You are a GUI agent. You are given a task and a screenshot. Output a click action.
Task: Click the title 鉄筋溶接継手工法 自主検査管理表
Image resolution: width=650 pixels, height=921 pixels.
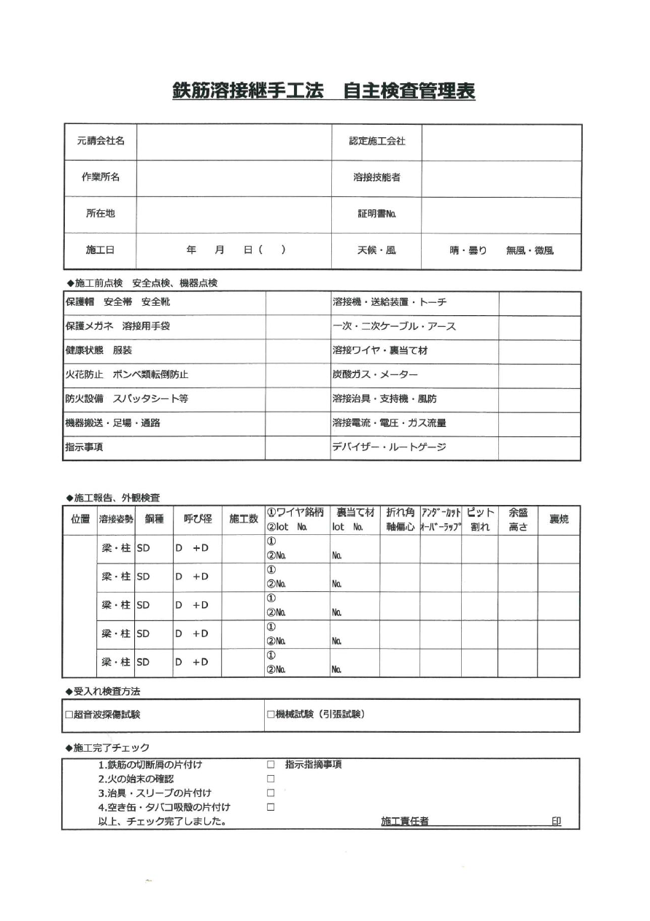click(x=323, y=91)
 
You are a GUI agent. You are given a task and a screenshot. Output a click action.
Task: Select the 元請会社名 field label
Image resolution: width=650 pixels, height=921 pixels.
click(x=101, y=142)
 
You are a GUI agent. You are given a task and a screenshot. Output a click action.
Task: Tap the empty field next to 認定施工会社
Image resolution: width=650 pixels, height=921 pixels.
click(x=501, y=142)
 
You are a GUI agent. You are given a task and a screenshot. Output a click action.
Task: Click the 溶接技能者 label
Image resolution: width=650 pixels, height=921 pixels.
click(x=376, y=177)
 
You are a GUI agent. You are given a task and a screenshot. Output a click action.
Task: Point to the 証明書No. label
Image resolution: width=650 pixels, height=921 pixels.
click(x=376, y=214)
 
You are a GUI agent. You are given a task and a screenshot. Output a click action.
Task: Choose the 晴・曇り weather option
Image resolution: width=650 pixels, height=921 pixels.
click(x=468, y=250)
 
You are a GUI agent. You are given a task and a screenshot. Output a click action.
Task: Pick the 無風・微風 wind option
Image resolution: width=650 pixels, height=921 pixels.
click(x=530, y=250)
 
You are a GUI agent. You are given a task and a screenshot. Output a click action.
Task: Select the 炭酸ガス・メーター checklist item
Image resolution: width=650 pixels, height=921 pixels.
click(x=375, y=375)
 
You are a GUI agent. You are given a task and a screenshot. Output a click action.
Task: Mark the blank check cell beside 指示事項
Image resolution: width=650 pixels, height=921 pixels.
click(x=298, y=448)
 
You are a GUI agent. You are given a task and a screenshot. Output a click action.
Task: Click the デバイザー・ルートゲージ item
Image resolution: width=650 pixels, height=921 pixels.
click(x=389, y=448)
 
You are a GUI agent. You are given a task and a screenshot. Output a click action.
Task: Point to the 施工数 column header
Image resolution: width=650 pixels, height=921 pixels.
click(x=244, y=520)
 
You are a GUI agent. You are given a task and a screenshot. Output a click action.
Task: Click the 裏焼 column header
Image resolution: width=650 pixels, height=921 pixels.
click(x=559, y=520)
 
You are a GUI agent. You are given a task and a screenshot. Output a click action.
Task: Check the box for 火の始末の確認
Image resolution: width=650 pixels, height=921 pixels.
click(x=270, y=779)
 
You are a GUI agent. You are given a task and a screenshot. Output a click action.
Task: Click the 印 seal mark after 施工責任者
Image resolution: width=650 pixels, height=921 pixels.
click(x=556, y=822)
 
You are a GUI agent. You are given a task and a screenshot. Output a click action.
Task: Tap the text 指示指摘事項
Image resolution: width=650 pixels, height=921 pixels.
click(x=313, y=765)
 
